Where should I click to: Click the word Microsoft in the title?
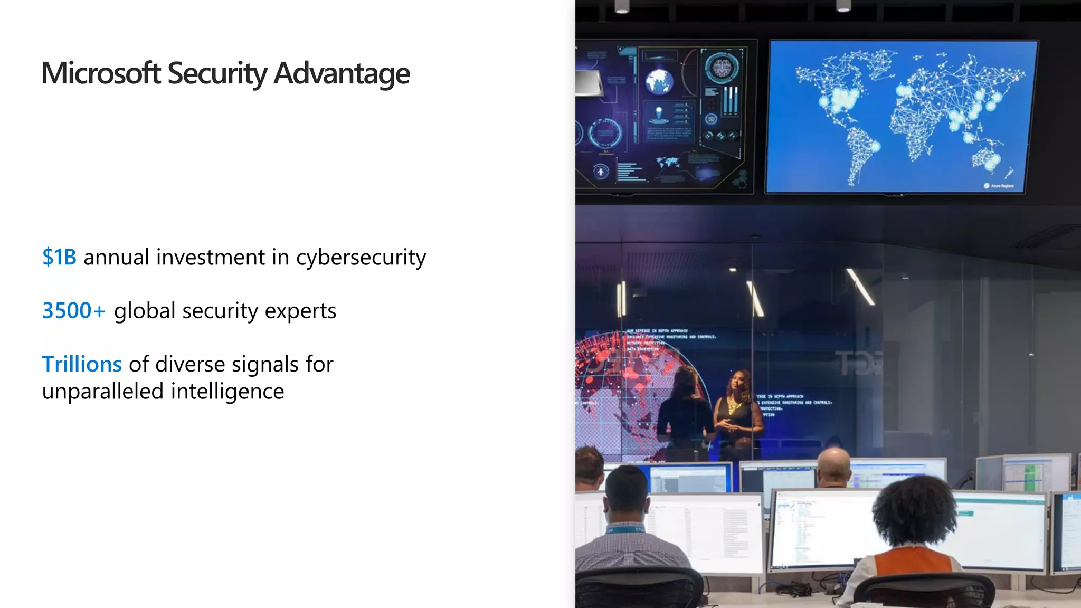[x=101, y=73]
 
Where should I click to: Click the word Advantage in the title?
[x=342, y=74]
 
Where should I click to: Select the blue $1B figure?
[x=59, y=257]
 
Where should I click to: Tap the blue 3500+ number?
[x=73, y=310]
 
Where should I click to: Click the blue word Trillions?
[x=82, y=364]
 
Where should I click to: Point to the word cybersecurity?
[x=361, y=258]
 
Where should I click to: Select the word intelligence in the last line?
[x=227, y=392]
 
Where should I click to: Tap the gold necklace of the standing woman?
[x=734, y=406]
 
